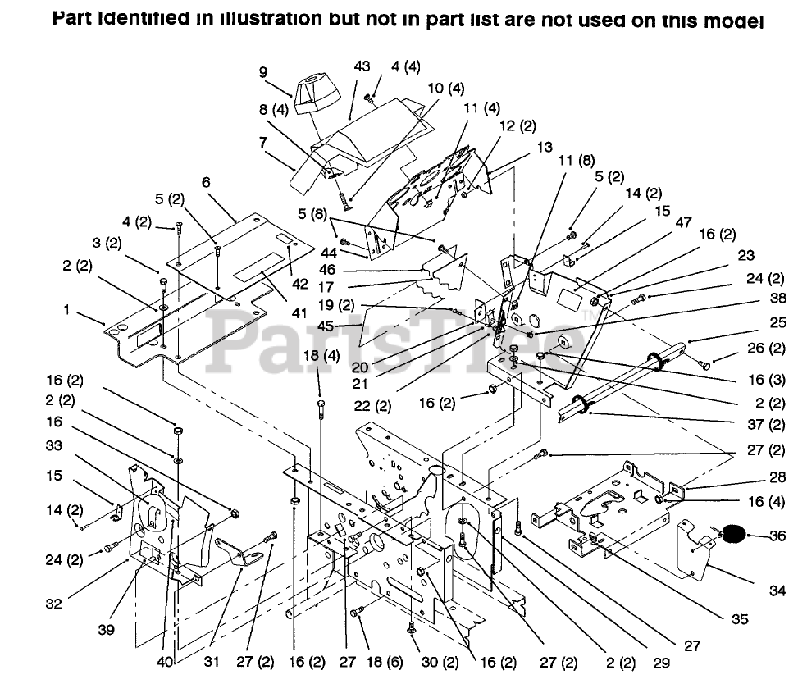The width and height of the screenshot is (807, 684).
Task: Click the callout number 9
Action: [264, 72]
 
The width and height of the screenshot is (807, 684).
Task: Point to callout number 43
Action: [362, 66]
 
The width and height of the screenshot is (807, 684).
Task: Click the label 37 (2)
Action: [766, 426]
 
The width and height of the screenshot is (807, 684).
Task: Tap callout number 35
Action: [740, 620]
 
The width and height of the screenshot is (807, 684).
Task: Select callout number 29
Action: [663, 661]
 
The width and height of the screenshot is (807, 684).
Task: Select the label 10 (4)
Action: [445, 88]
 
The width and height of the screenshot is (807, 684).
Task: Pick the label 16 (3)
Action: [766, 380]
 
